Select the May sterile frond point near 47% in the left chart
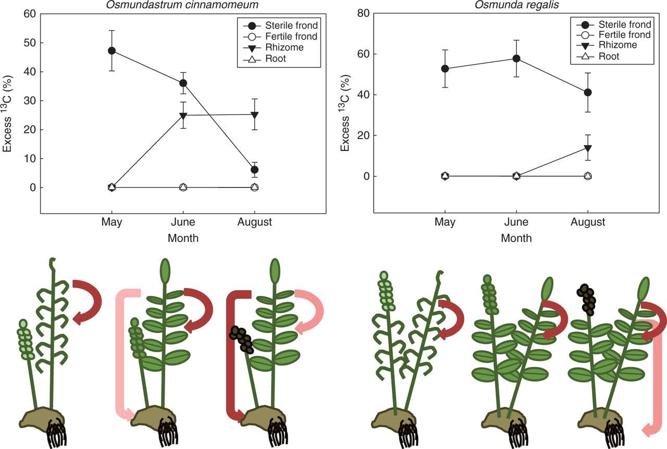(112, 51)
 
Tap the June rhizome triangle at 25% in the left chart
(183, 115)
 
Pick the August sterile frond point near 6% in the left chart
(254, 169)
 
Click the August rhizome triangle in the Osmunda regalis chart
(588, 148)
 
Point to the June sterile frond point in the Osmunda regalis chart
(516, 58)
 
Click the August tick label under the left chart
(254, 222)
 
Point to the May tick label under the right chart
(444, 222)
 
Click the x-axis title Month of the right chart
(516, 239)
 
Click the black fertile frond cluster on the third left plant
(241, 340)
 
